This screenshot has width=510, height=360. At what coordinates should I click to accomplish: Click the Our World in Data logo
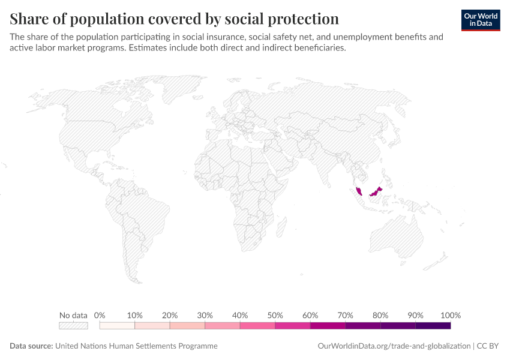tap(481, 20)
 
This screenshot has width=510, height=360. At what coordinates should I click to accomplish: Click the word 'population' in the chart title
tap(107, 19)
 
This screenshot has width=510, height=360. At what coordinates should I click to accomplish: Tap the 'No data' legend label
tap(73, 315)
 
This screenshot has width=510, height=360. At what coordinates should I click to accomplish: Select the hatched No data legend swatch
tap(73, 326)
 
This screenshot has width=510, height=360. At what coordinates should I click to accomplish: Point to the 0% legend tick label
tap(100, 315)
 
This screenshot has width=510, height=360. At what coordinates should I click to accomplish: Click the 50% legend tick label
tap(275, 315)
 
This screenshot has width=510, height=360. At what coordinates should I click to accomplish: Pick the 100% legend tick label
tap(451, 315)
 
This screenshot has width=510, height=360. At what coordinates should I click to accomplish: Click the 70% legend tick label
tap(345, 315)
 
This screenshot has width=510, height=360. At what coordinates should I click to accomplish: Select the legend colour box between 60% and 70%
tap(328, 326)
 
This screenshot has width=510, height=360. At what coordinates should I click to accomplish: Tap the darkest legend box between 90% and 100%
tap(433, 326)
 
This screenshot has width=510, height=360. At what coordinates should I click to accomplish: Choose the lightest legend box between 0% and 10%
tap(117, 326)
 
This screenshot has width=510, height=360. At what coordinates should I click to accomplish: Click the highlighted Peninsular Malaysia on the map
tap(359, 191)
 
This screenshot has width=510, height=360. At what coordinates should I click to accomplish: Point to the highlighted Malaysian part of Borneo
tap(376, 192)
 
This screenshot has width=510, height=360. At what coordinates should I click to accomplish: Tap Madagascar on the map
tap(281, 227)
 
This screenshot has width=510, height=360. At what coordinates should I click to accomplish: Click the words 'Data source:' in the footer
tap(31, 346)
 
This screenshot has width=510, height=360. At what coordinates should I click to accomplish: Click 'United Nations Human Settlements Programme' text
tap(136, 346)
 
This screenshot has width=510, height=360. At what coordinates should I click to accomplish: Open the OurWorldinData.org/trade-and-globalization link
tap(394, 346)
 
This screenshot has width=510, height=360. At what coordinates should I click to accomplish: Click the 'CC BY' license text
tap(488, 346)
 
